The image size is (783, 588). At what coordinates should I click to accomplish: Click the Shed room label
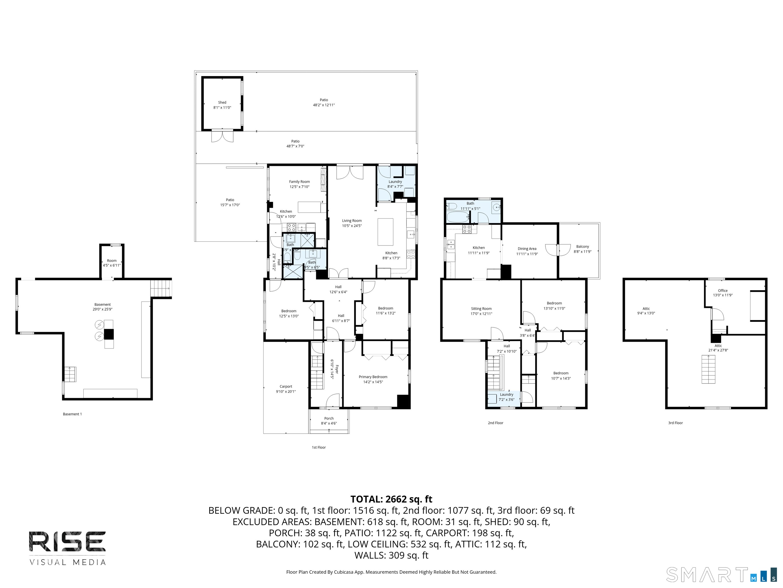coord(222,102)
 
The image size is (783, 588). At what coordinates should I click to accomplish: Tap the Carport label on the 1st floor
coord(286,386)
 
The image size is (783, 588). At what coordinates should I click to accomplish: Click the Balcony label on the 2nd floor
coord(582,246)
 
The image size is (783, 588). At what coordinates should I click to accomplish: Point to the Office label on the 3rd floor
coord(723,290)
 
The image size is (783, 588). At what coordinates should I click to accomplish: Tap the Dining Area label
coord(527,249)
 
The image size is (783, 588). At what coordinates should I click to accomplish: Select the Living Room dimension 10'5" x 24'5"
coord(351,226)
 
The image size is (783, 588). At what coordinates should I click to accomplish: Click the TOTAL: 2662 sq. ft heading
coord(391,499)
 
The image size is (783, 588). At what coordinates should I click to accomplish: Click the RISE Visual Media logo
coord(67,547)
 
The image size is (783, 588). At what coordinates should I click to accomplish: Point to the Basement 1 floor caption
coord(72,414)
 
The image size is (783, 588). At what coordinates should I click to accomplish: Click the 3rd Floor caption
coord(675,423)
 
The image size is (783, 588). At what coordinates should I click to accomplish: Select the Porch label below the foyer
coord(329,418)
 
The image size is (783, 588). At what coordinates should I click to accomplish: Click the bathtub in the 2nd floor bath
coord(458,217)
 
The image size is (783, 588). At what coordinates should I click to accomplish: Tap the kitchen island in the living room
coord(385,232)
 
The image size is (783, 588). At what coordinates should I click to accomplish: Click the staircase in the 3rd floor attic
coord(708,369)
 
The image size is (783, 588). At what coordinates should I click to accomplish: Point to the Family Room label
coord(299,181)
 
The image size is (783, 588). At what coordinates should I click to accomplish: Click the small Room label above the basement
coord(111,261)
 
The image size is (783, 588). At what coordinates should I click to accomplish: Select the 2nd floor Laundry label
coord(506,395)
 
